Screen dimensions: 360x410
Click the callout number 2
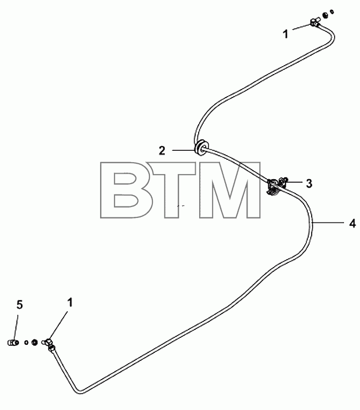pyautogui.click(x=162, y=151)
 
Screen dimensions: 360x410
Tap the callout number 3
pyautogui.click(x=309, y=184)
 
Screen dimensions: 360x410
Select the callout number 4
pyautogui.click(x=353, y=223)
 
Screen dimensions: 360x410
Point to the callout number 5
pyautogui.click(x=20, y=305)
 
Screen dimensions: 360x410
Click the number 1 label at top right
pyautogui.click(x=286, y=34)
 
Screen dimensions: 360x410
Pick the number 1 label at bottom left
pyautogui.click(x=70, y=303)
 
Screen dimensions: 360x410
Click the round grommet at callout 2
pyautogui.click(x=202, y=147)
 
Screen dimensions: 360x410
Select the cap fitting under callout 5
pyautogui.click(x=12, y=342)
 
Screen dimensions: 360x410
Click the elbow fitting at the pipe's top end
pyautogui.click(x=315, y=23)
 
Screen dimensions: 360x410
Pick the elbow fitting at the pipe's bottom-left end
pyautogui.click(x=49, y=344)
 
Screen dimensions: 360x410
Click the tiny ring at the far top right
pyautogui.click(x=332, y=11)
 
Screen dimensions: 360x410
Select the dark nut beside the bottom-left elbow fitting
pyautogui.click(x=34, y=342)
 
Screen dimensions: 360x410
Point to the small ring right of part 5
pyautogui.click(x=26, y=342)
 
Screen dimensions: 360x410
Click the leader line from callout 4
pyautogui.click(x=328, y=222)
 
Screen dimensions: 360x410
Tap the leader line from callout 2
pyautogui.click(x=184, y=150)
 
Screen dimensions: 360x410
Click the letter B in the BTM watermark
pyautogui.click(x=123, y=190)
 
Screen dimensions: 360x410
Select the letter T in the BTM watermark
pyautogui.click(x=172, y=190)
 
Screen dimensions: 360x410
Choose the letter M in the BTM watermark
pyautogui.click(x=230, y=190)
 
